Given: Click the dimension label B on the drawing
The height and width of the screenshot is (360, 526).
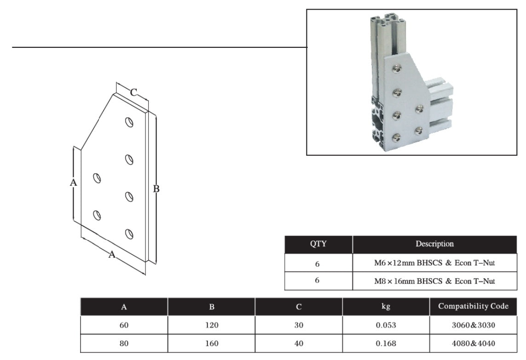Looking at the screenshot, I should pos(156,189).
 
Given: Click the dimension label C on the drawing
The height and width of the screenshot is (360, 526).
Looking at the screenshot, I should pos(133,92).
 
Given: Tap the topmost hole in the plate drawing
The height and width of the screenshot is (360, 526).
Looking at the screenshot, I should pos(129,123).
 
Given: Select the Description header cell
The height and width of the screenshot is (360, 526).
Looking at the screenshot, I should pos(434,244).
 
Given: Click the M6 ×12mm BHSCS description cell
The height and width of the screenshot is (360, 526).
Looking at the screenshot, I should pos(434,263).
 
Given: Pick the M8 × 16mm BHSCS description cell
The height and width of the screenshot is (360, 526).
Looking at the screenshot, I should pos(434,280).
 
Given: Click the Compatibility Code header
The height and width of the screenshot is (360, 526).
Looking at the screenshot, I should pos(473,307).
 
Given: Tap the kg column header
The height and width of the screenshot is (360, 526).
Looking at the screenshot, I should pos(386,307).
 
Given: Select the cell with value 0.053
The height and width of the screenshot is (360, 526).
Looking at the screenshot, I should pos(386,325).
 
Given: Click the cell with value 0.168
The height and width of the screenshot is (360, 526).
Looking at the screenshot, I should pos(386,343).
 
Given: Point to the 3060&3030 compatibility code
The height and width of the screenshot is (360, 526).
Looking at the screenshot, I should pos(473,325).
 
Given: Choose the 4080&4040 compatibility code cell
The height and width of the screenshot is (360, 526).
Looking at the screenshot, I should pos(473,343).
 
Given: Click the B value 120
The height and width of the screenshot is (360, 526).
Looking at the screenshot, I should pos(211,325).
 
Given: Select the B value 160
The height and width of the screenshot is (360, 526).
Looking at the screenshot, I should pos(211,343).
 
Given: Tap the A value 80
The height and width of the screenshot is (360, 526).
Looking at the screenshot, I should pos(124,343).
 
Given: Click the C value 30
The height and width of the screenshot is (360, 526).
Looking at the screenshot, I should pos(299,325).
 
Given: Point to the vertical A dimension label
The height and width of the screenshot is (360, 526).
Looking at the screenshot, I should pos(73,183).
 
